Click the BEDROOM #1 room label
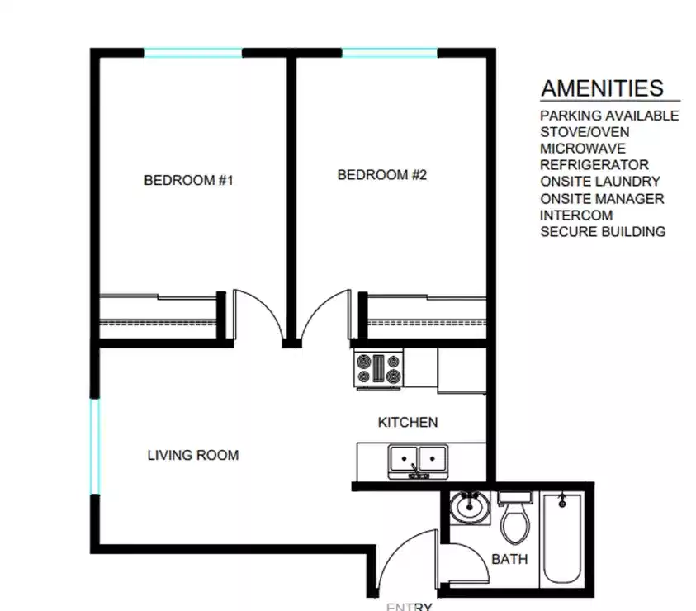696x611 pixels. tap(189, 180)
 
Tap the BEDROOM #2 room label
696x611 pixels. tap(382, 175)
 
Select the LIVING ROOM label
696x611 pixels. tap(193, 455)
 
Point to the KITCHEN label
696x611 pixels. tap(408, 423)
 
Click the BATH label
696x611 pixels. tap(510, 559)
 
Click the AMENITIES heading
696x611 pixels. tap(603, 88)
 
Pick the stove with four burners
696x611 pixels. tap(378, 368)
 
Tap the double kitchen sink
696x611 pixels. tap(419, 458)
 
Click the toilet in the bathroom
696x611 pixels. tap(516, 518)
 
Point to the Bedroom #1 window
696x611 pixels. tap(194, 53)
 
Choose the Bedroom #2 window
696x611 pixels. tap(390, 53)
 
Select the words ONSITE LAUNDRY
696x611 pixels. tap(600, 182)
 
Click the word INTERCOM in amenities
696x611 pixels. tap(576, 216)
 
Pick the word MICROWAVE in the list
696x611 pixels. tap(583, 149)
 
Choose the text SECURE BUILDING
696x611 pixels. tap(603, 232)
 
